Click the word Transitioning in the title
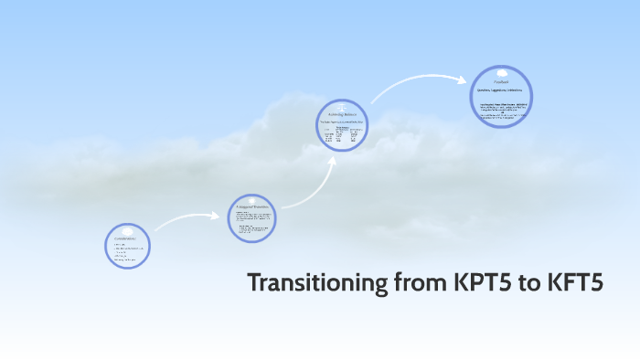[x=316, y=283]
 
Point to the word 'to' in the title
[x=528, y=283]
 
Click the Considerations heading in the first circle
[x=126, y=238]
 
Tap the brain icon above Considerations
[x=127, y=230]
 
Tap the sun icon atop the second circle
[x=251, y=199]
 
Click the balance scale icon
[x=340, y=105]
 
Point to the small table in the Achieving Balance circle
[x=340, y=135]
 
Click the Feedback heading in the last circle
[x=501, y=82]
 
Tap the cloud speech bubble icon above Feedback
[x=501, y=73]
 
